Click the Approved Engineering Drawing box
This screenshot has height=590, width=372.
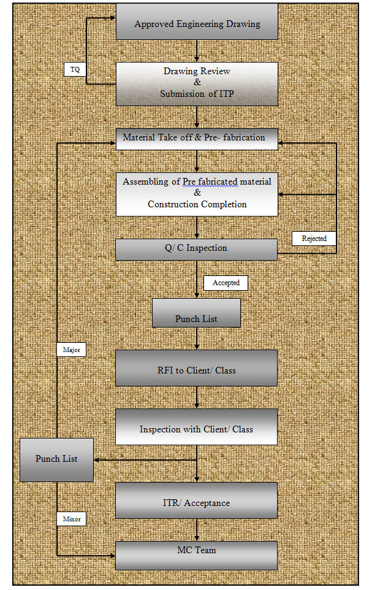197,23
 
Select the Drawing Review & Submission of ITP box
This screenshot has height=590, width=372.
197,83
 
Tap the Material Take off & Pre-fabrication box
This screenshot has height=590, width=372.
197,139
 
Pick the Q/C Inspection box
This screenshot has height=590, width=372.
197,249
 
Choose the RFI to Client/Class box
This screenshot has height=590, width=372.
196,368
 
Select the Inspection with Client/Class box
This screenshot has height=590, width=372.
196,427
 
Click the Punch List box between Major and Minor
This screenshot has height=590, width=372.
56,459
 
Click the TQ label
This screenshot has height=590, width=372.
75,70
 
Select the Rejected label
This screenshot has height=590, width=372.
314,239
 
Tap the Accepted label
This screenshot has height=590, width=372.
226,283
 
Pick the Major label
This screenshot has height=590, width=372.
71,350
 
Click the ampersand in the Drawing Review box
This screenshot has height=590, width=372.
197,82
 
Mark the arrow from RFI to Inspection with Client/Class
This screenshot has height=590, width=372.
197,397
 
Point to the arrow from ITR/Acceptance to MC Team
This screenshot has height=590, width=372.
197,530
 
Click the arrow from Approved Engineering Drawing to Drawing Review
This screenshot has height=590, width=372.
197,51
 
